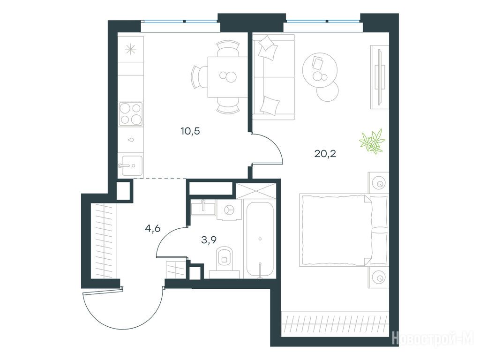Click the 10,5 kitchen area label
pyautogui.click(x=190, y=131)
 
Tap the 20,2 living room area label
pyautogui.click(x=325, y=153)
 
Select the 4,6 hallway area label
pyautogui.click(x=153, y=228)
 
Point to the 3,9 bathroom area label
pyautogui.click(x=209, y=240)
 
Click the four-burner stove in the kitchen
pyautogui.click(x=131, y=113)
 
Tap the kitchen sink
pyautogui.click(x=132, y=165)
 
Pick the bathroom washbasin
pyautogui.click(x=203, y=207)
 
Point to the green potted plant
pyautogui.click(x=372, y=141)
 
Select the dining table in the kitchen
pyautogui.click(x=228, y=77)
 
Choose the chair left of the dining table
pyautogui.click(x=199, y=77)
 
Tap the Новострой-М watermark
pyautogui.click(x=433, y=338)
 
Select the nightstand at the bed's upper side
pyautogui.click(x=379, y=183)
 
